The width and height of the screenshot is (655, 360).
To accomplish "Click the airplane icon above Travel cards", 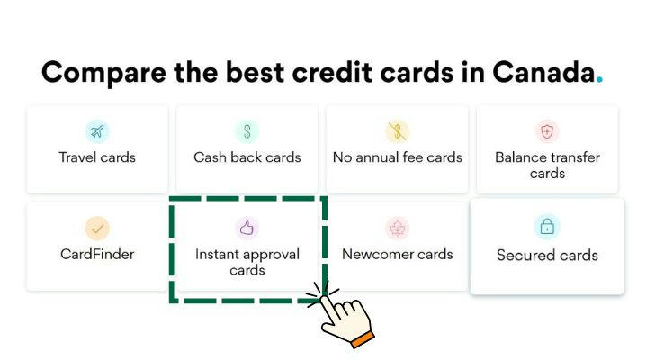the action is [97, 131].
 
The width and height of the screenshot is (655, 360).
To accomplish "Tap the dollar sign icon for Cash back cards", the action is [247, 131].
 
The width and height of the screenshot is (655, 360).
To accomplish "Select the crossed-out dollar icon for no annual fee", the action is [398, 131].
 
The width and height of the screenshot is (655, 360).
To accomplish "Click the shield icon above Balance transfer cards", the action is [547, 131].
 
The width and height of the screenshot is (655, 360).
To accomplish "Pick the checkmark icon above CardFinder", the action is [97, 229].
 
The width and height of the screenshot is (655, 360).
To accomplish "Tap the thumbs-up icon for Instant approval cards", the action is [247, 228].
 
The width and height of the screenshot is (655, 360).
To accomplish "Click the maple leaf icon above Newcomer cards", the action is [398, 229].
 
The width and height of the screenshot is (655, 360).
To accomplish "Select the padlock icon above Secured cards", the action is [547, 227].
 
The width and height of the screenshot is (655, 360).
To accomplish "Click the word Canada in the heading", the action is [543, 72].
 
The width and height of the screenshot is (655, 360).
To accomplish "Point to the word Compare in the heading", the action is [104, 73].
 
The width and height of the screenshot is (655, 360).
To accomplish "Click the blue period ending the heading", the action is [599, 79].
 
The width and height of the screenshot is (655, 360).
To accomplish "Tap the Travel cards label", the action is [97, 157].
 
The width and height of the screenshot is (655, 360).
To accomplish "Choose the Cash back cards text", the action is [247, 157].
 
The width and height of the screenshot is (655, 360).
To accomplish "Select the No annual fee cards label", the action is [398, 157].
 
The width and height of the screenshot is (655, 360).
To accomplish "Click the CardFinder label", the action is [97, 254].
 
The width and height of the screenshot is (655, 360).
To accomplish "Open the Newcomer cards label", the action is [398, 254].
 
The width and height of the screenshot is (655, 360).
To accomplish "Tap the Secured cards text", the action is [547, 256].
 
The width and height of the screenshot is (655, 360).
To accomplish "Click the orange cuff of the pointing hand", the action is [363, 338].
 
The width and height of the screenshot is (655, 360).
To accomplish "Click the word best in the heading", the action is [255, 72].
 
